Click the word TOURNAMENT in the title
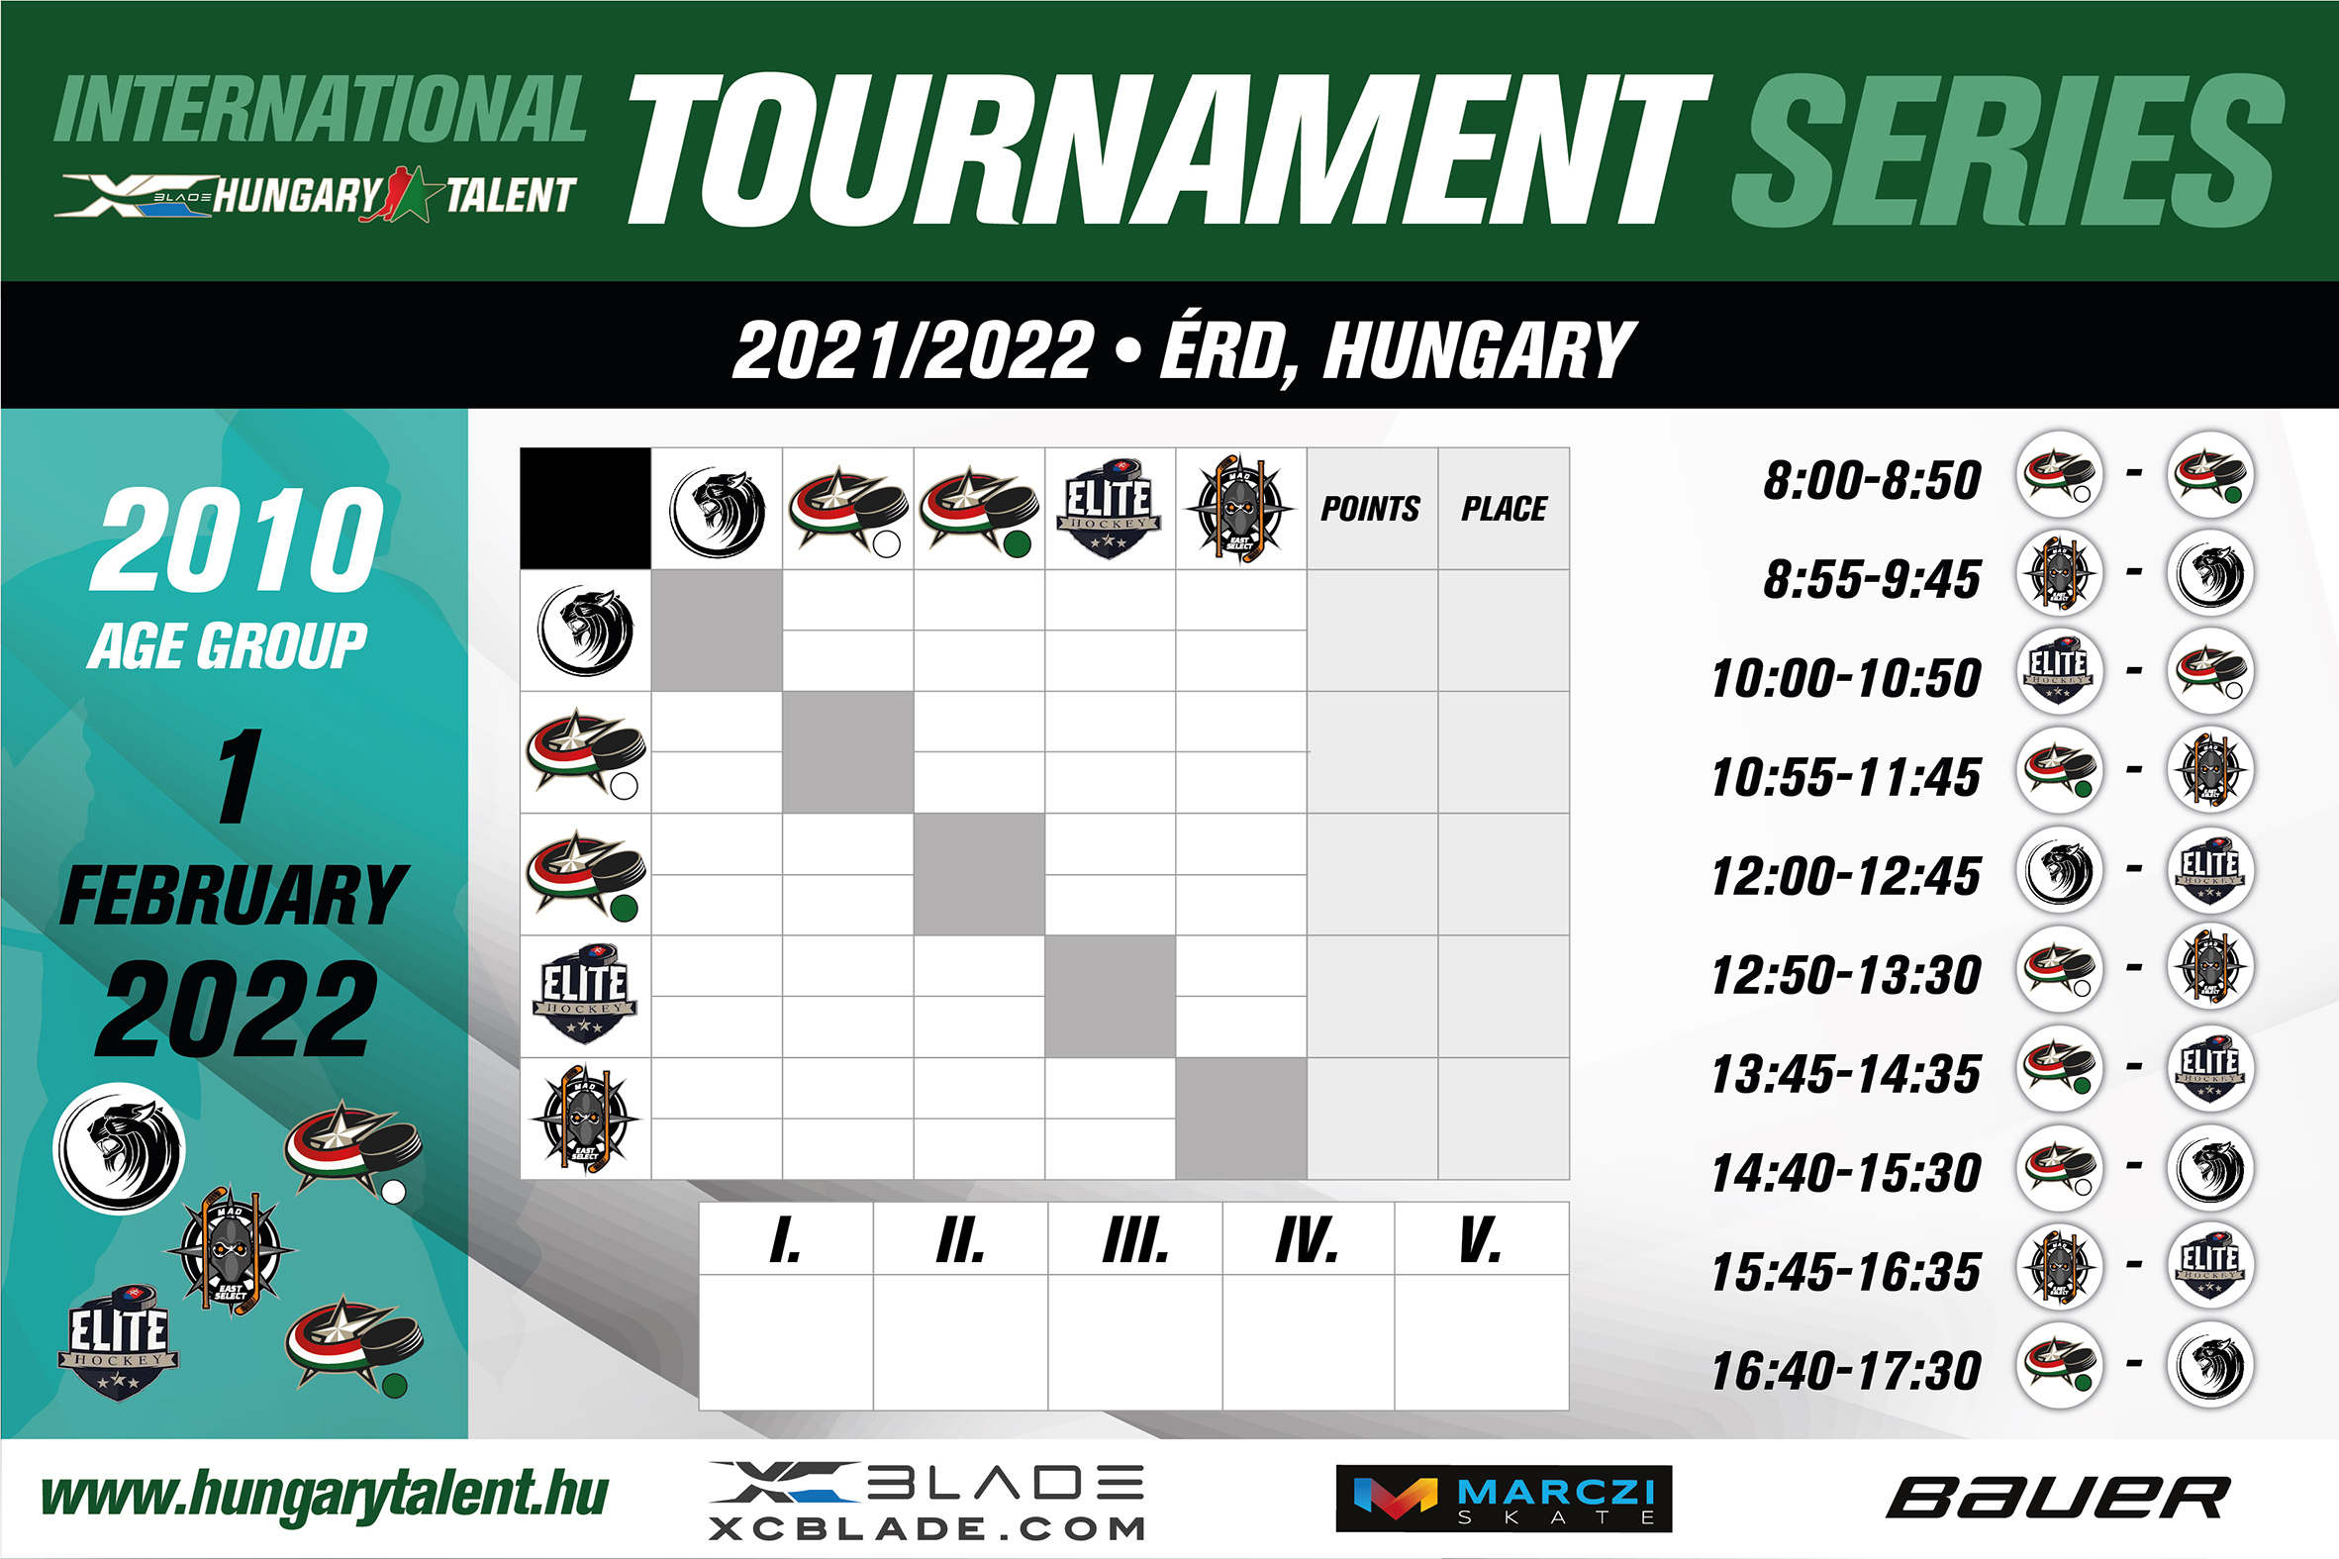click(x=1169, y=149)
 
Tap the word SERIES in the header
click(x=2008, y=149)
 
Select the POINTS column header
click(x=1371, y=509)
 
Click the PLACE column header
click(x=1504, y=509)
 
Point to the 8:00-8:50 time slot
click(x=1872, y=480)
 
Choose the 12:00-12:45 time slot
click(x=1846, y=876)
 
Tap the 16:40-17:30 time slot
click(x=1846, y=1370)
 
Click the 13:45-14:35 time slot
click(x=1846, y=1074)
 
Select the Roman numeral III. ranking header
click(x=1135, y=1240)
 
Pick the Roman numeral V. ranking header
click(x=1480, y=1240)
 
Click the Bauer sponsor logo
click(x=2058, y=1499)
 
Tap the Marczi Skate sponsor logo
click(x=1504, y=1499)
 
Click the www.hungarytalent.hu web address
click(x=324, y=1496)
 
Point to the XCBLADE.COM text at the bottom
click(x=927, y=1528)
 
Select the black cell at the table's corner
click(x=586, y=508)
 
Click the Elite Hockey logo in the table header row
click(x=1110, y=508)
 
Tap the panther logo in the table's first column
click(x=586, y=631)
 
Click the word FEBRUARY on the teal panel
click(x=234, y=895)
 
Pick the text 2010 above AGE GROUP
click(x=237, y=539)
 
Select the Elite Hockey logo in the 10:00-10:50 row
click(x=2060, y=671)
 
